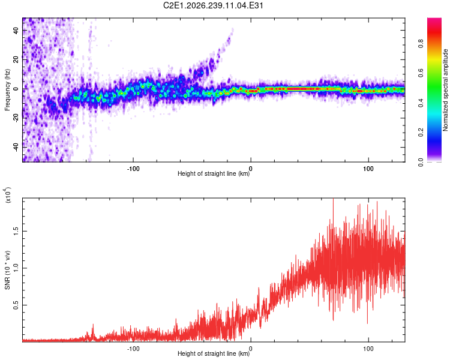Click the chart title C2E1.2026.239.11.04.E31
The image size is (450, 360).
[x=213, y=5]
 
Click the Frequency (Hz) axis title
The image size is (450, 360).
[x=7, y=90]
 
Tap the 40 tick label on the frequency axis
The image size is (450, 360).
[x=16, y=30]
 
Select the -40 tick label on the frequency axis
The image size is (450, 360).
[x=16, y=147]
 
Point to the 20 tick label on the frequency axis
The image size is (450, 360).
[x=16, y=59]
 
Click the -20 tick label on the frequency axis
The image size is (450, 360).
[x=16, y=118]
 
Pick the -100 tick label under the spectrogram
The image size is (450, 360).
[x=133, y=169]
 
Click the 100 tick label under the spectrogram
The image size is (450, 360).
[x=368, y=169]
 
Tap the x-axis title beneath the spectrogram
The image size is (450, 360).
[x=214, y=173]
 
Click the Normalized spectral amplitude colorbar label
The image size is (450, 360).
[x=445, y=90]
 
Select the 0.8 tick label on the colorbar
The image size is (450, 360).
[x=421, y=44]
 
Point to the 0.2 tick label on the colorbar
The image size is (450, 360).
[x=421, y=133]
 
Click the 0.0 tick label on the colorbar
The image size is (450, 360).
[x=421, y=162]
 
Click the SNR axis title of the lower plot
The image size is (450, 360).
[x=7, y=270]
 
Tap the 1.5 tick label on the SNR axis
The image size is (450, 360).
[x=16, y=231]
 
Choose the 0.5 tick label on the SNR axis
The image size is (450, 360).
[x=16, y=305]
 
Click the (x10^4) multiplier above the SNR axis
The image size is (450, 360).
[x=7, y=195]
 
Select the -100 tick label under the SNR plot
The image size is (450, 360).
[x=133, y=349]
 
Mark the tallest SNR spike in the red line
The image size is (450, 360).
[x=333, y=199]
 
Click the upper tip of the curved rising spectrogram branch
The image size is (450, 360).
[x=232, y=29]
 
